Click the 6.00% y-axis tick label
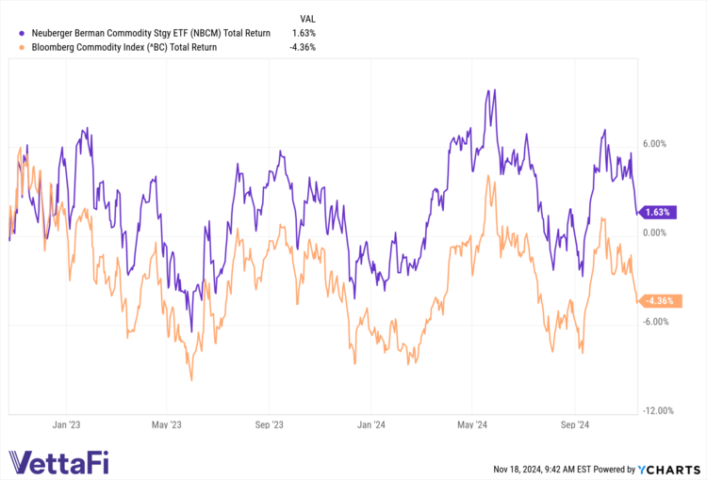coord(654,144)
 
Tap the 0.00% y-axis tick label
coord(654,232)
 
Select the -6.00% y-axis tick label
coord(653,322)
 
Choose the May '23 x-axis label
coord(166,425)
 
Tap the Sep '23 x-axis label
coord(270,425)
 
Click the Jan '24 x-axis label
coord(371,425)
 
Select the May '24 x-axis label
coord(474,425)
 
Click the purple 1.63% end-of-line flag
coord(658,212)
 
